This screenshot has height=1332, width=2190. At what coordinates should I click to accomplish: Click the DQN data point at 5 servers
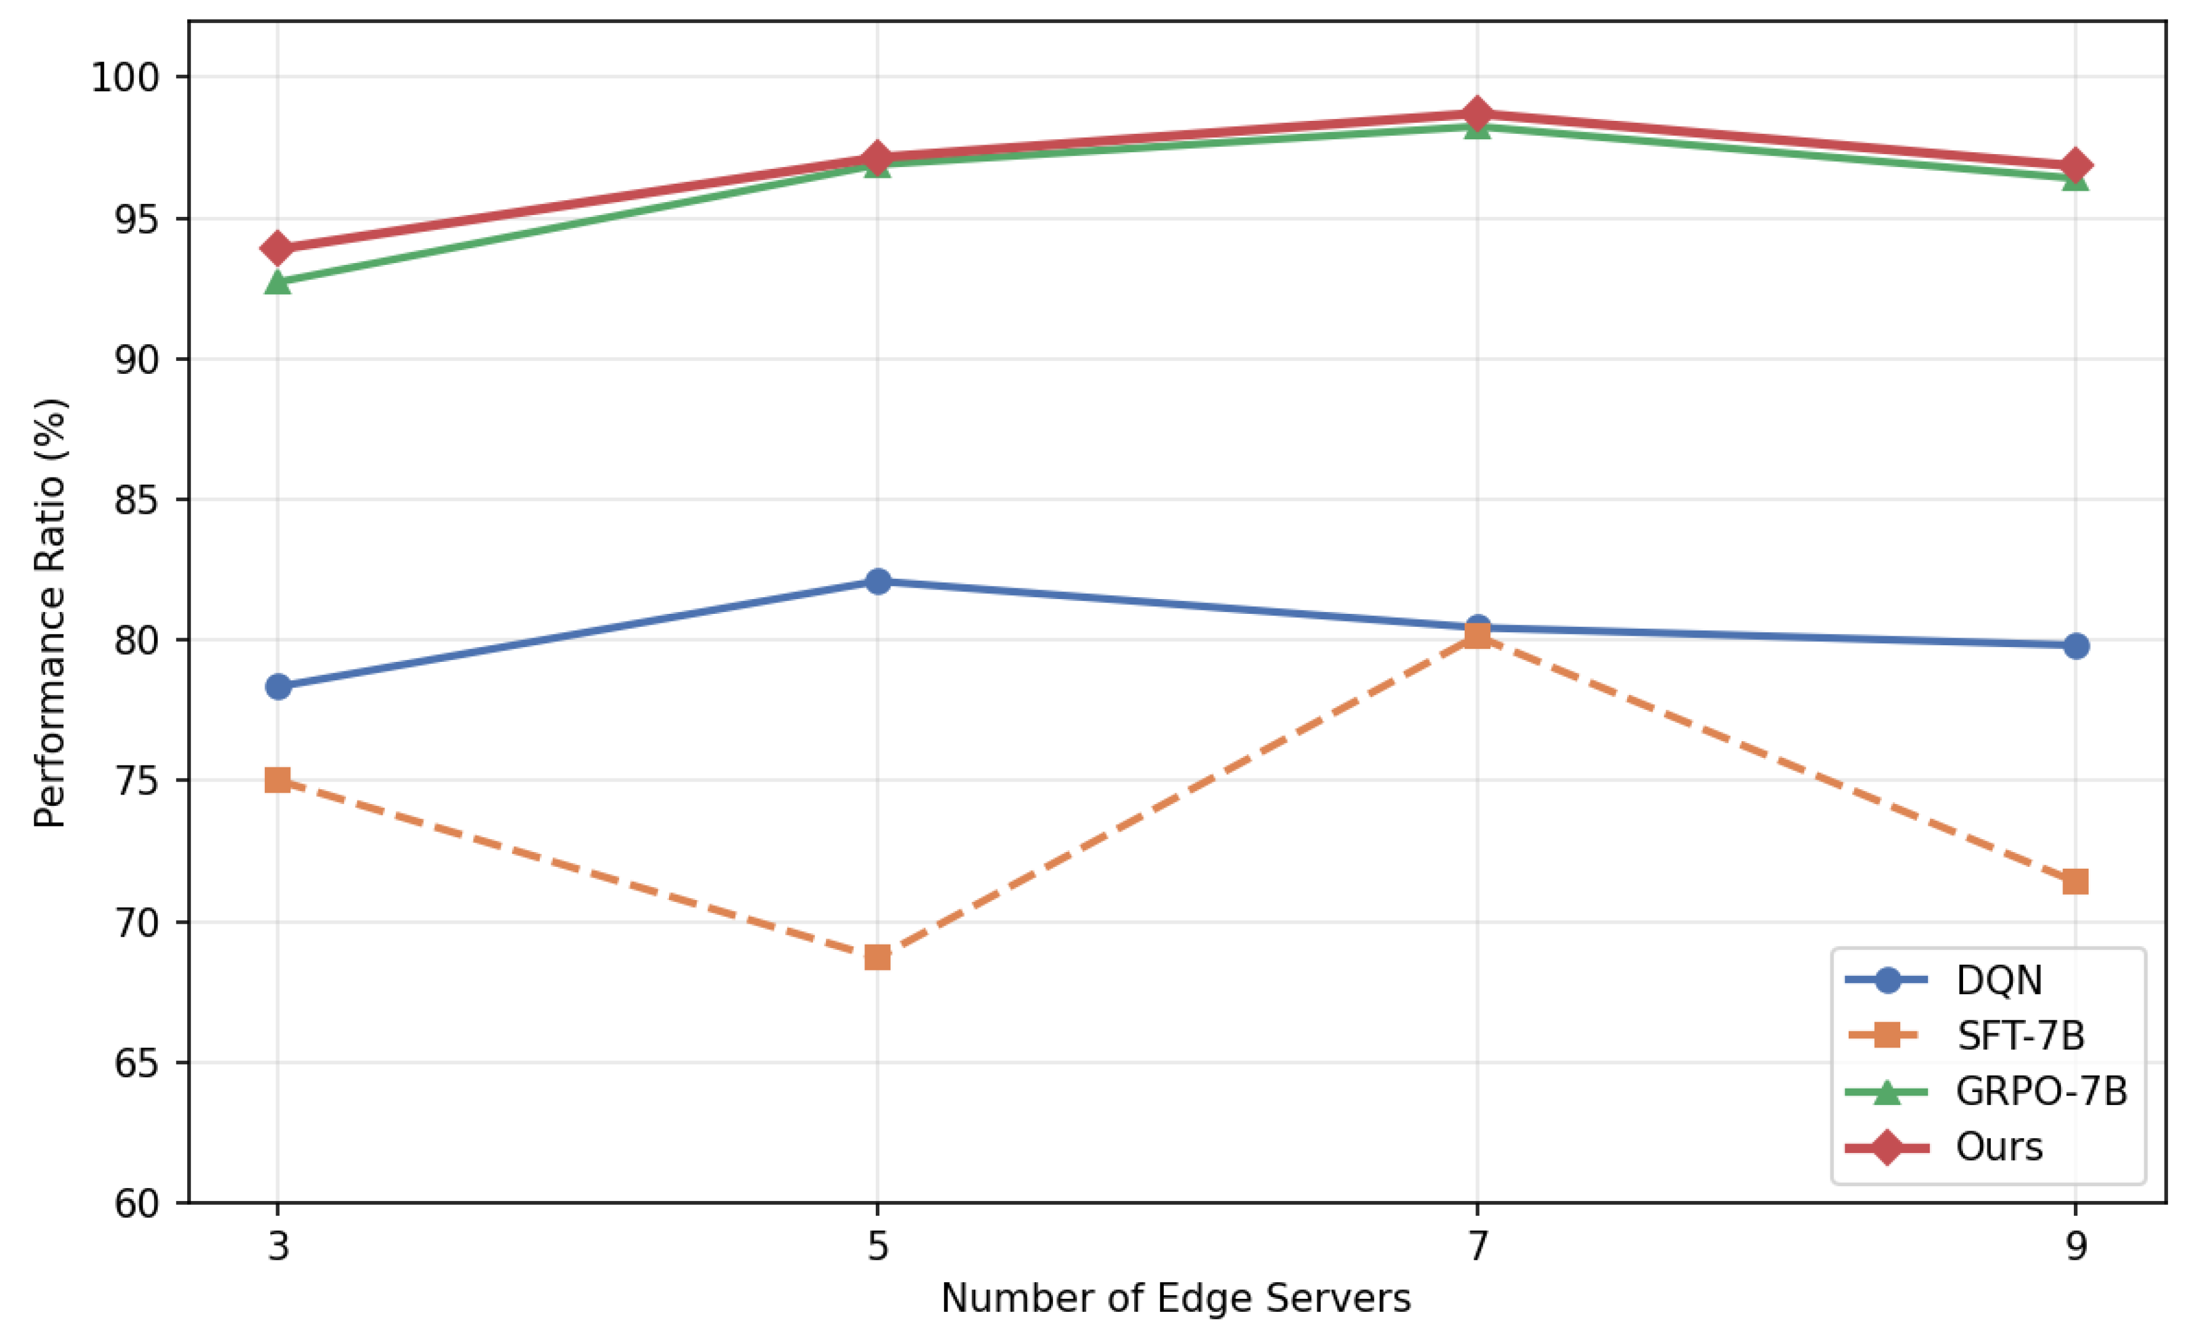pos(877,581)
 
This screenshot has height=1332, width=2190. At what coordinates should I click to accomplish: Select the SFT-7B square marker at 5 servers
pos(877,957)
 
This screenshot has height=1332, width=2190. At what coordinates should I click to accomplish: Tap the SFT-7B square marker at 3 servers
pos(278,780)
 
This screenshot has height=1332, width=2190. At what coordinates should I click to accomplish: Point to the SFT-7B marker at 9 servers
pos(2075,882)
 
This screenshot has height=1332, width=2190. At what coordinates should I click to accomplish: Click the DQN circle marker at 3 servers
pos(278,686)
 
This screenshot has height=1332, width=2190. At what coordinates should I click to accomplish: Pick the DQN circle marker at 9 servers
pos(2075,646)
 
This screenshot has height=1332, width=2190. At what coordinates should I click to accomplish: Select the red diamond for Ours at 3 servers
pos(278,248)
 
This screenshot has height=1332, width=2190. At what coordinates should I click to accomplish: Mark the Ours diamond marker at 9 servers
pos(2075,165)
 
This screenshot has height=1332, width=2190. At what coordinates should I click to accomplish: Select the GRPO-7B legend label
pos(2041,1091)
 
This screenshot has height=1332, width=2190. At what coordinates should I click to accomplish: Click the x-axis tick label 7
pos(1477,1246)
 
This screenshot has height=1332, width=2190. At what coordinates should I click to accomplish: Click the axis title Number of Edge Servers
pos(1176,1298)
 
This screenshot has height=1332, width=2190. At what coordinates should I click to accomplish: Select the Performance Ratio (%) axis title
pos(50,613)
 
